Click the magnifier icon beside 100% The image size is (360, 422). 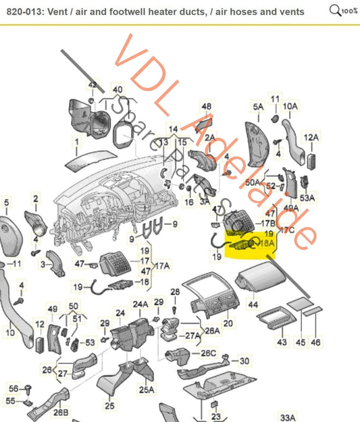tap(334, 10)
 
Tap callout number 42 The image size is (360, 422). tap(93, 85)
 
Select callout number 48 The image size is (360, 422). tap(207, 107)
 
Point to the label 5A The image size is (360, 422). tap(258, 107)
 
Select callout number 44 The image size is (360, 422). tap(253, 306)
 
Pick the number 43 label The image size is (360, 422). tap(281, 342)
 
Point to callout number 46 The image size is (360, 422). tap(315, 342)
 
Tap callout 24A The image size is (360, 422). tap(140, 305)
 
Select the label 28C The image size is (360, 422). tap(209, 353)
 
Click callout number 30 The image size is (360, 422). tap(244, 361)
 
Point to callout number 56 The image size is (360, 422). tap(14, 388)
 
